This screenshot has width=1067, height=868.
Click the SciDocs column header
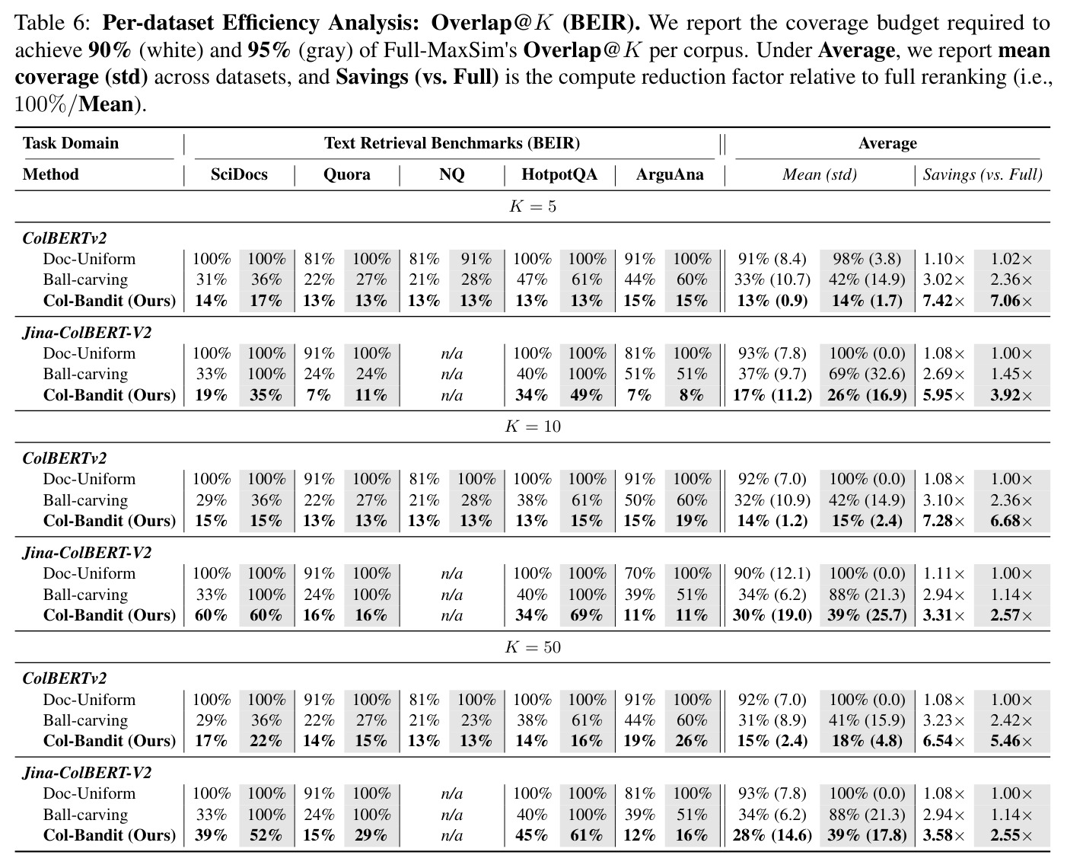(239, 174)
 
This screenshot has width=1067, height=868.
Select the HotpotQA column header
(559, 174)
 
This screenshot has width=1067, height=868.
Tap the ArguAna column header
(670, 174)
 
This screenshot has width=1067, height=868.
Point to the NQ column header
(452, 174)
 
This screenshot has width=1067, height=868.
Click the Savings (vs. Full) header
(983, 174)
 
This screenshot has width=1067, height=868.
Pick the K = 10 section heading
(533, 426)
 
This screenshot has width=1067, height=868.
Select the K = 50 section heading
(533, 647)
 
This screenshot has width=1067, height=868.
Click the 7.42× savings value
(944, 301)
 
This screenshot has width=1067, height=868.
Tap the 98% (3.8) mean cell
(867, 259)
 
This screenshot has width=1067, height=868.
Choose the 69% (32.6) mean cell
(867, 374)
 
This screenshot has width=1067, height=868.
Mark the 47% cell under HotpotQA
(531, 279)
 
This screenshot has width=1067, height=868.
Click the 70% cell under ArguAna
(639, 573)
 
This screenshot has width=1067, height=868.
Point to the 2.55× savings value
(1011, 835)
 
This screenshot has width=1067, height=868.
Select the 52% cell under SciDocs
(266, 835)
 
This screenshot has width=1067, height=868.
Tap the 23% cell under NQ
(476, 720)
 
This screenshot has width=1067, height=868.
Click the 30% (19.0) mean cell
(772, 615)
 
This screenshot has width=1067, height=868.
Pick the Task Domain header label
(71, 143)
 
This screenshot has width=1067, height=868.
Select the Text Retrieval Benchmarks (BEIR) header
(452, 143)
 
